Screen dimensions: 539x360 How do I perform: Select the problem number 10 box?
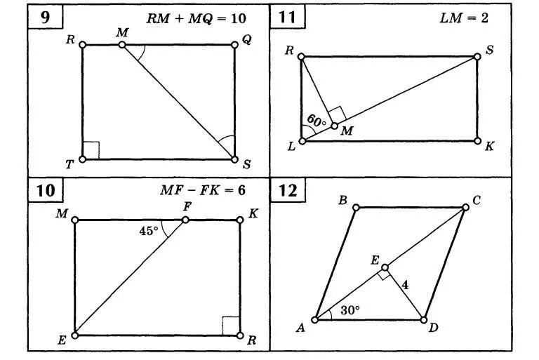tap(45, 190)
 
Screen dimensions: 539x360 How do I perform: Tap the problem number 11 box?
tap(286, 18)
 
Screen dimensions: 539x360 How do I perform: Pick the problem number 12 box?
tap(287, 190)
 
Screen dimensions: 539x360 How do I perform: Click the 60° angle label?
tap(317, 120)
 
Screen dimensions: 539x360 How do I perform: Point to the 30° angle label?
tap(350, 309)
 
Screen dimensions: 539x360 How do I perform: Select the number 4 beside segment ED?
tap(405, 284)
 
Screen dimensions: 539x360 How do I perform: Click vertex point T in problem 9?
tap(83, 159)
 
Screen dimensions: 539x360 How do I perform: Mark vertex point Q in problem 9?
tap(234, 46)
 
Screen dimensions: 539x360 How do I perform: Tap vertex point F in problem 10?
tap(185, 220)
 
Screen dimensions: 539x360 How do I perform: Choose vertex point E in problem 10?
tap(75, 335)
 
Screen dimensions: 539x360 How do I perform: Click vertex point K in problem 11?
tap(477, 140)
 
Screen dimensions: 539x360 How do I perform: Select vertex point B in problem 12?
tap(357, 207)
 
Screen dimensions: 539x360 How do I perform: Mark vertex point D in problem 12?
tap(423, 319)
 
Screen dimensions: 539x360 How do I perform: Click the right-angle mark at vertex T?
tap(91, 151)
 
